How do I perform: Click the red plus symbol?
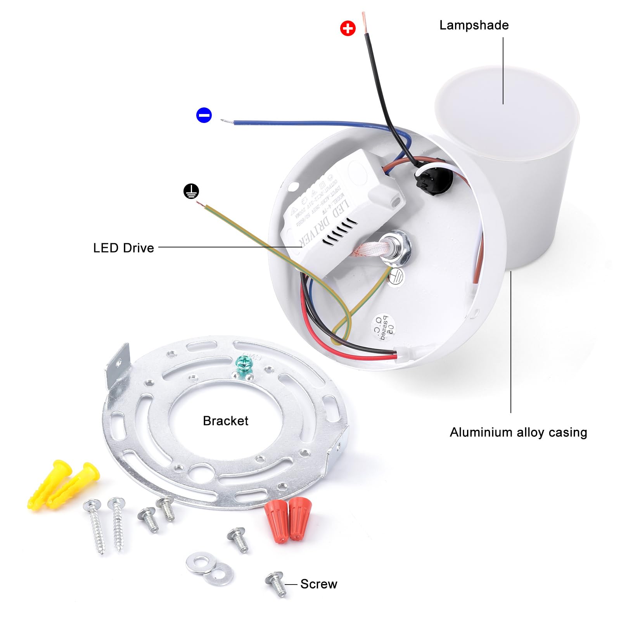point(348,28)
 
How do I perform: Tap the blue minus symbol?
point(204,115)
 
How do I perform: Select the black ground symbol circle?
point(191,191)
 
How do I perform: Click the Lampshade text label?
point(474,25)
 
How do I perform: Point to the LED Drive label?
point(123,248)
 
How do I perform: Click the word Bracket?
point(225,421)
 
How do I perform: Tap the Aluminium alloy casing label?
point(518,432)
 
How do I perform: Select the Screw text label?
point(318,584)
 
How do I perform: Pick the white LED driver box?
point(341,209)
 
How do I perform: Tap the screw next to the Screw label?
point(276,583)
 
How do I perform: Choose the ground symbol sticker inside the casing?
point(396,277)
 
